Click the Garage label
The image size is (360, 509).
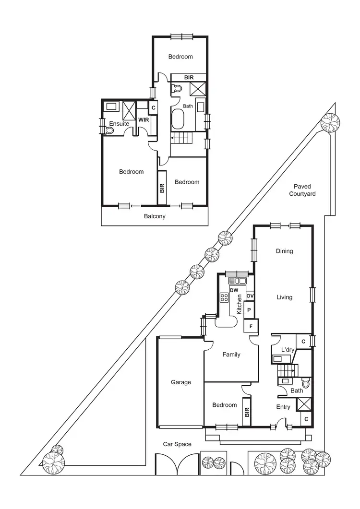click(181, 382)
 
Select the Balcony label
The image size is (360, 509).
click(155, 216)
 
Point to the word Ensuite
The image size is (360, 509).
click(119, 124)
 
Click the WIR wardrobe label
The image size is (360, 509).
click(143, 119)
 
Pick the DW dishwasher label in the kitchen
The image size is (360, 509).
click(234, 290)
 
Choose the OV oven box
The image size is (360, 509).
click(250, 296)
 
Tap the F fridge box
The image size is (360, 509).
click(251, 327)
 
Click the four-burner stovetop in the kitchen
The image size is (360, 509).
click(224, 297)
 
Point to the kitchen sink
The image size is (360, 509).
click(237, 281)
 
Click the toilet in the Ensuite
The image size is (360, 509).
click(109, 130)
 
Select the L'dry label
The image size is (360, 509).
click(287, 350)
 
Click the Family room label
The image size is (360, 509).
click(231, 355)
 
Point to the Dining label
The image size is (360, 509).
click(284, 251)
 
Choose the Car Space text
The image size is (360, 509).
click(177, 444)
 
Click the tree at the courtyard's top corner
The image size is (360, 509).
click(330, 124)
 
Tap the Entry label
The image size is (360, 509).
click(283, 407)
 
